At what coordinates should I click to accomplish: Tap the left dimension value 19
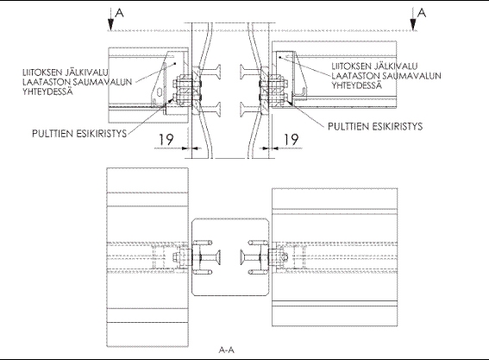click(166, 139)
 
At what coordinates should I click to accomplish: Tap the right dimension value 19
click(291, 139)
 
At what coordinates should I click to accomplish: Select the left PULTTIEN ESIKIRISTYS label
click(79, 134)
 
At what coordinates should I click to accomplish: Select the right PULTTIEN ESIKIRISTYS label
click(375, 126)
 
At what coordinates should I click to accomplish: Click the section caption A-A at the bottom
click(227, 350)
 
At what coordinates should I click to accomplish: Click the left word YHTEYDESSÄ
click(47, 92)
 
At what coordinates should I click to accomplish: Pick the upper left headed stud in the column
click(210, 72)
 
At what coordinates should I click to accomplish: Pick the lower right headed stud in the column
click(251, 110)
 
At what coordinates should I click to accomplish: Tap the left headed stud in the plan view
click(210, 257)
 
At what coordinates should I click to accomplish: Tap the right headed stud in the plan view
click(251, 257)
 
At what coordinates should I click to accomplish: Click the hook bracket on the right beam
click(298, 92)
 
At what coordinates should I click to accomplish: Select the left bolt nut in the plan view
click(177, 257)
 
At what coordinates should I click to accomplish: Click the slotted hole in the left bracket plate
click(160, 92)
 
